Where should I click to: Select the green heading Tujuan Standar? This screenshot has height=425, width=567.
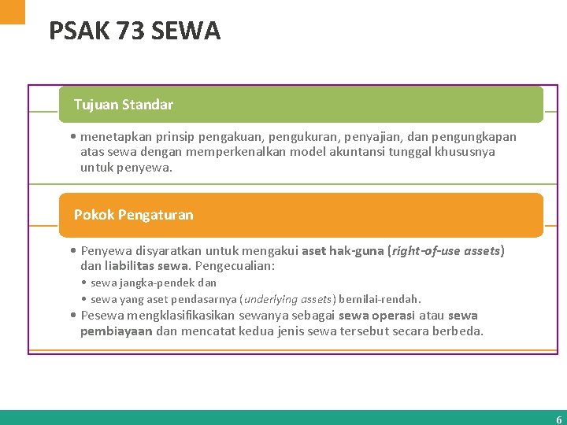tap(124, 104)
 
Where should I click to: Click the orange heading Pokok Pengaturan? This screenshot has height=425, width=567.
tap(133, 214)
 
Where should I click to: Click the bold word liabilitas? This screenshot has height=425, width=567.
tap(128, 266)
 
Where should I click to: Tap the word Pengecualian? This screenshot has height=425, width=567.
tap(235, 266)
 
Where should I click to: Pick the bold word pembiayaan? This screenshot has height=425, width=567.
tap(116, 331)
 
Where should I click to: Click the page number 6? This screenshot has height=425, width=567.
tap(559, 419)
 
